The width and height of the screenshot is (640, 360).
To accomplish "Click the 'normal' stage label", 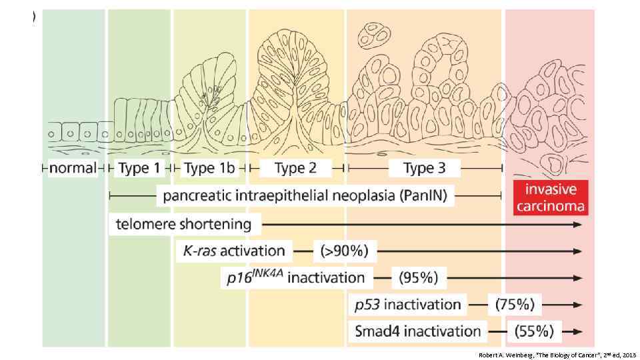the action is (73, 169).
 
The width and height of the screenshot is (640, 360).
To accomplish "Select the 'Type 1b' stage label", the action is (209, 169).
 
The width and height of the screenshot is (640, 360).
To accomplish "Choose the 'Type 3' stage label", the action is (424, 169).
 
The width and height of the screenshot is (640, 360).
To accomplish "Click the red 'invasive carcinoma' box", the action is (550, 197).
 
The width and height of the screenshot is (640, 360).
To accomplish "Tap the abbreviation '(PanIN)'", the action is (425, 196).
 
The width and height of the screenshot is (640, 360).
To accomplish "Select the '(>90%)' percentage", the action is (349, 251).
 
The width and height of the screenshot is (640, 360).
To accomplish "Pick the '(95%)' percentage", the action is (418, 277).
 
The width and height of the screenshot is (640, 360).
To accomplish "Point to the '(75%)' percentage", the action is (515, 305).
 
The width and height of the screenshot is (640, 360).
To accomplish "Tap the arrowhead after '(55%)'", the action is (580, 331).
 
